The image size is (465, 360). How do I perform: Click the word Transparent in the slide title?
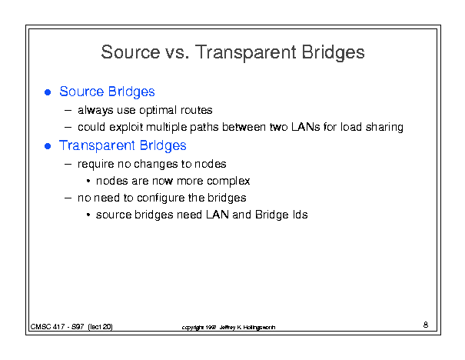coord(245,52)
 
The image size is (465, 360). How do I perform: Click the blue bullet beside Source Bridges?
coord(48,92)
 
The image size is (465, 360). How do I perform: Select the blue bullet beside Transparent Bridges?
coord(48,146)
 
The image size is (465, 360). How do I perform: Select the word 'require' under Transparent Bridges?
coord(96,164)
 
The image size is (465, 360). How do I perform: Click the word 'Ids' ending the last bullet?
coord(300,215)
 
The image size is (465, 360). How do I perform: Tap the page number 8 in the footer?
coord(426,325)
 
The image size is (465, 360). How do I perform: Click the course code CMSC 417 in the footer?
coord(48,327)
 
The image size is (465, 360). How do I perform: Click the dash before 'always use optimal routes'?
coord(68,111)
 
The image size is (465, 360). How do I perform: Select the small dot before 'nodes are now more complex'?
coord(88,181)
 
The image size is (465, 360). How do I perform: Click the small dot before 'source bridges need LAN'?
coord(88,215)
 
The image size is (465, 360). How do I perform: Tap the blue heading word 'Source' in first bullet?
coord(81,92)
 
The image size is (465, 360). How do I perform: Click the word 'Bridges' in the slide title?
coord(333,52)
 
